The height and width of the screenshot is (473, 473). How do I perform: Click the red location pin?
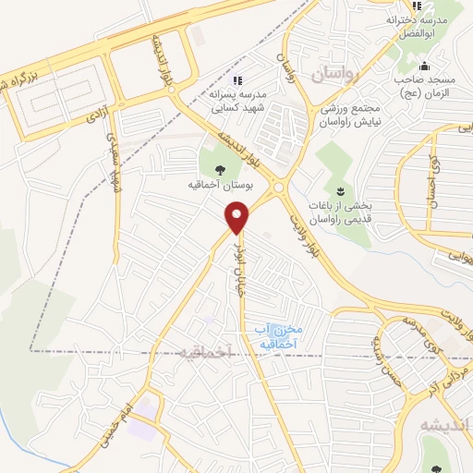point(238,218)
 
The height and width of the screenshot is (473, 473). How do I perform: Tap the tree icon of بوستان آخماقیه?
point(220,170)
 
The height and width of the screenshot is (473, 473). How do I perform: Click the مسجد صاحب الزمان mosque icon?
point(424,67)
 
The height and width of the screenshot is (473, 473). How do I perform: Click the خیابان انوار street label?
point(241,258)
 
